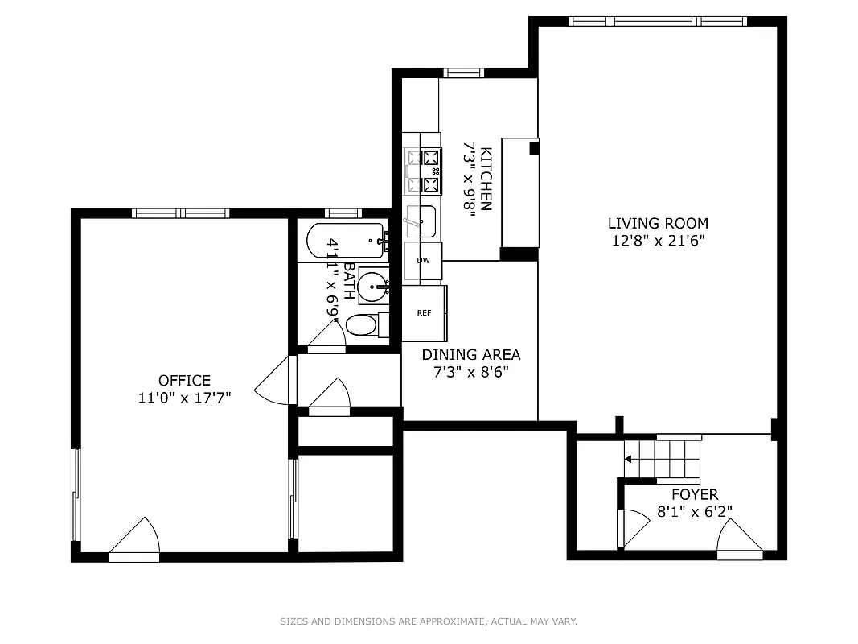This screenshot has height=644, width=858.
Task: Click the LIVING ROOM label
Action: pyautogui.click(x=657, y=223)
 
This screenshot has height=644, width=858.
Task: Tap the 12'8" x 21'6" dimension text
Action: pyautogui.click(x=657, y=240)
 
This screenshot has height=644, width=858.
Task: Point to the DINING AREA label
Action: pyautogui.click(x=471, y=354)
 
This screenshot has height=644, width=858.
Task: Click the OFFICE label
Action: pyautogui.click(x=184, y=380)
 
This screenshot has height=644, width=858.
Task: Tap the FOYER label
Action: pyautogui.click(x=695, y=494)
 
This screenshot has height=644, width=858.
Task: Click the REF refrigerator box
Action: pyautogui.click(x=424, y=313)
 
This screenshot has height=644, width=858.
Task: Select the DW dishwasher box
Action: pyautogui.click(x=423, y=261)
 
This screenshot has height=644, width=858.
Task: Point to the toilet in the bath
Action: pyautogui.click(x=364, y=325)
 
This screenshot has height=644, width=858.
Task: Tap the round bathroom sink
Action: pyautogui.click(x=372, y=285)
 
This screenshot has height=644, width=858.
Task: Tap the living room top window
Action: pyautogui.click(x=657, y=21)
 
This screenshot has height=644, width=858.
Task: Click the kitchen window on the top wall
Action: pyautogui.click(x=464, y=72)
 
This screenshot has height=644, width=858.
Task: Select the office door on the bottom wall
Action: pyautogui.click(x=135, y=539)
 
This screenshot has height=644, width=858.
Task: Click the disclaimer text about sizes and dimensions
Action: pyautogui.click(x=429, y=621)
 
